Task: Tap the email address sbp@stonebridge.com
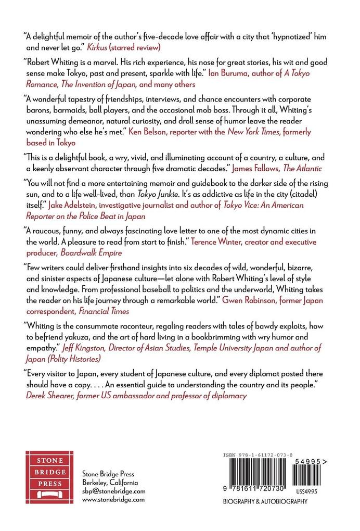coord(114,491)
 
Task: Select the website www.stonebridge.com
coord(114,499)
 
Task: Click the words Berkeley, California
coord(110,482)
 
